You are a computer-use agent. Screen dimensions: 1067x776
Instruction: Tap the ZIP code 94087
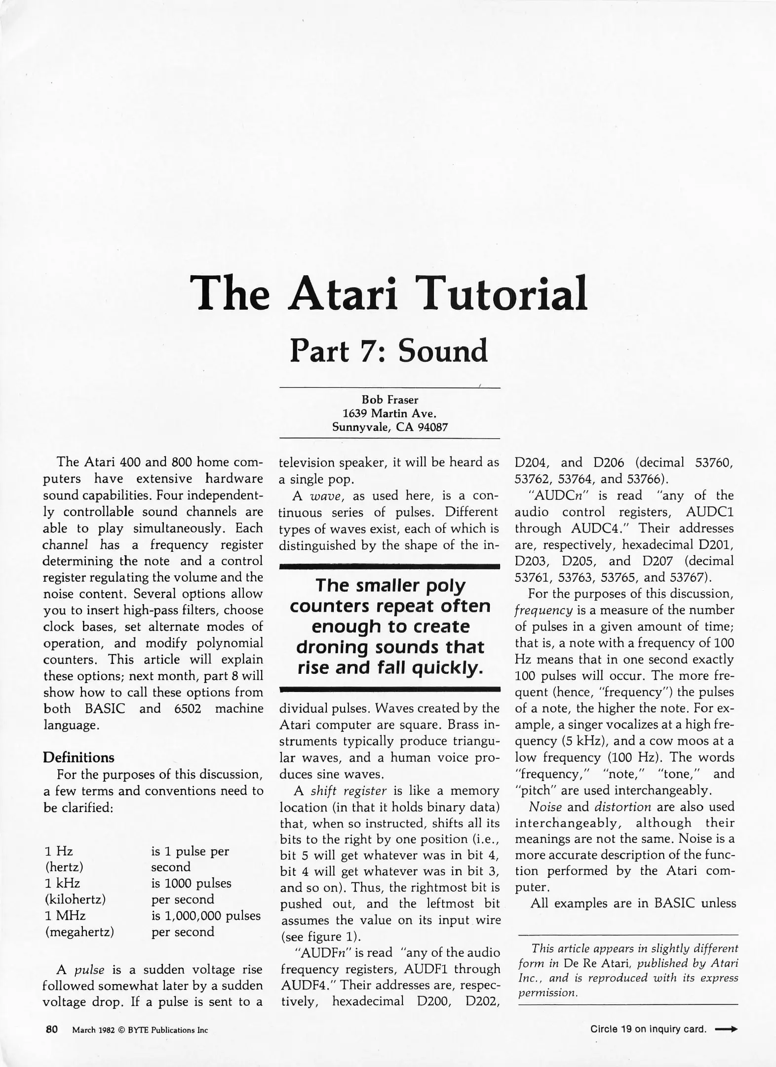pyautogui.click(x=432, y=427)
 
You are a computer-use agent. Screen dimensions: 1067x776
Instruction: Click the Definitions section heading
pyautogui.click(x=78, y=757)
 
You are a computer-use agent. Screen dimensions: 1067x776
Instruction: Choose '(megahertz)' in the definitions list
pyautogui.click(x=79, y=932)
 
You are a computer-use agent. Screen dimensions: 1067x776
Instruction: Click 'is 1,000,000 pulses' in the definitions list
pyautogui.click(x=205, y=915)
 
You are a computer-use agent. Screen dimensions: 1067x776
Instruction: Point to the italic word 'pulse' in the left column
pyautogui.click(x=89, y=970)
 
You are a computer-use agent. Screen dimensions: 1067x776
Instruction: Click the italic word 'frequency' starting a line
pyautogui.click(x=543, y=610)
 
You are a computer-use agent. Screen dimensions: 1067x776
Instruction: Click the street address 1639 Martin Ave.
pyautogui.click(x=389, y=413)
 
